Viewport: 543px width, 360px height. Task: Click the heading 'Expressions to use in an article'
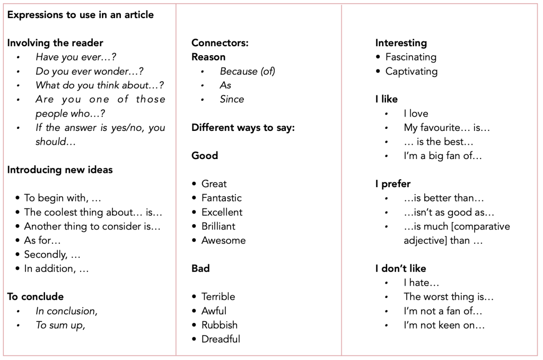(81, 15)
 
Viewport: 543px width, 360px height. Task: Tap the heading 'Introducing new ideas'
(60, 170)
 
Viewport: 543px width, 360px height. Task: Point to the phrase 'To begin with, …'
(63, 198)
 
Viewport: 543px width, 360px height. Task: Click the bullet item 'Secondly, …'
(52, 254)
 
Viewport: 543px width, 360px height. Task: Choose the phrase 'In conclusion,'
(66, 311)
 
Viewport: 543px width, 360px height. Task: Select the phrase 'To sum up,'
(60, 326)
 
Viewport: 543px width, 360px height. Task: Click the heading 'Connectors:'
(220, 43)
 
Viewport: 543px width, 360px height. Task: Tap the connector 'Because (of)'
(247, 71)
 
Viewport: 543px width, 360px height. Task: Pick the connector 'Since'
(232, 99)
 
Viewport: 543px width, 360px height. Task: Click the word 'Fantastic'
(221, 198)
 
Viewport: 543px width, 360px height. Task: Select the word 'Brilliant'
(218, 226)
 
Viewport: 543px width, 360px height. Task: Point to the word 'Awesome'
(223, 240)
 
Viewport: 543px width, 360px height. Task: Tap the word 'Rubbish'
(219, 325)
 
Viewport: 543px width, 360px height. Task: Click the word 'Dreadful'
(221, 339)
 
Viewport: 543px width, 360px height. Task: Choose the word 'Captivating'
(411, 71)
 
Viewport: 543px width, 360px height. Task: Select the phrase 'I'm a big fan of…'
(443, 156)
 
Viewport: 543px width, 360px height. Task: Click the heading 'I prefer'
(393, 184)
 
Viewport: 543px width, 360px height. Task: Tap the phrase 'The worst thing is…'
(449, 297)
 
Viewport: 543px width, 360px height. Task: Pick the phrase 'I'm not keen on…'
(444, 326)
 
